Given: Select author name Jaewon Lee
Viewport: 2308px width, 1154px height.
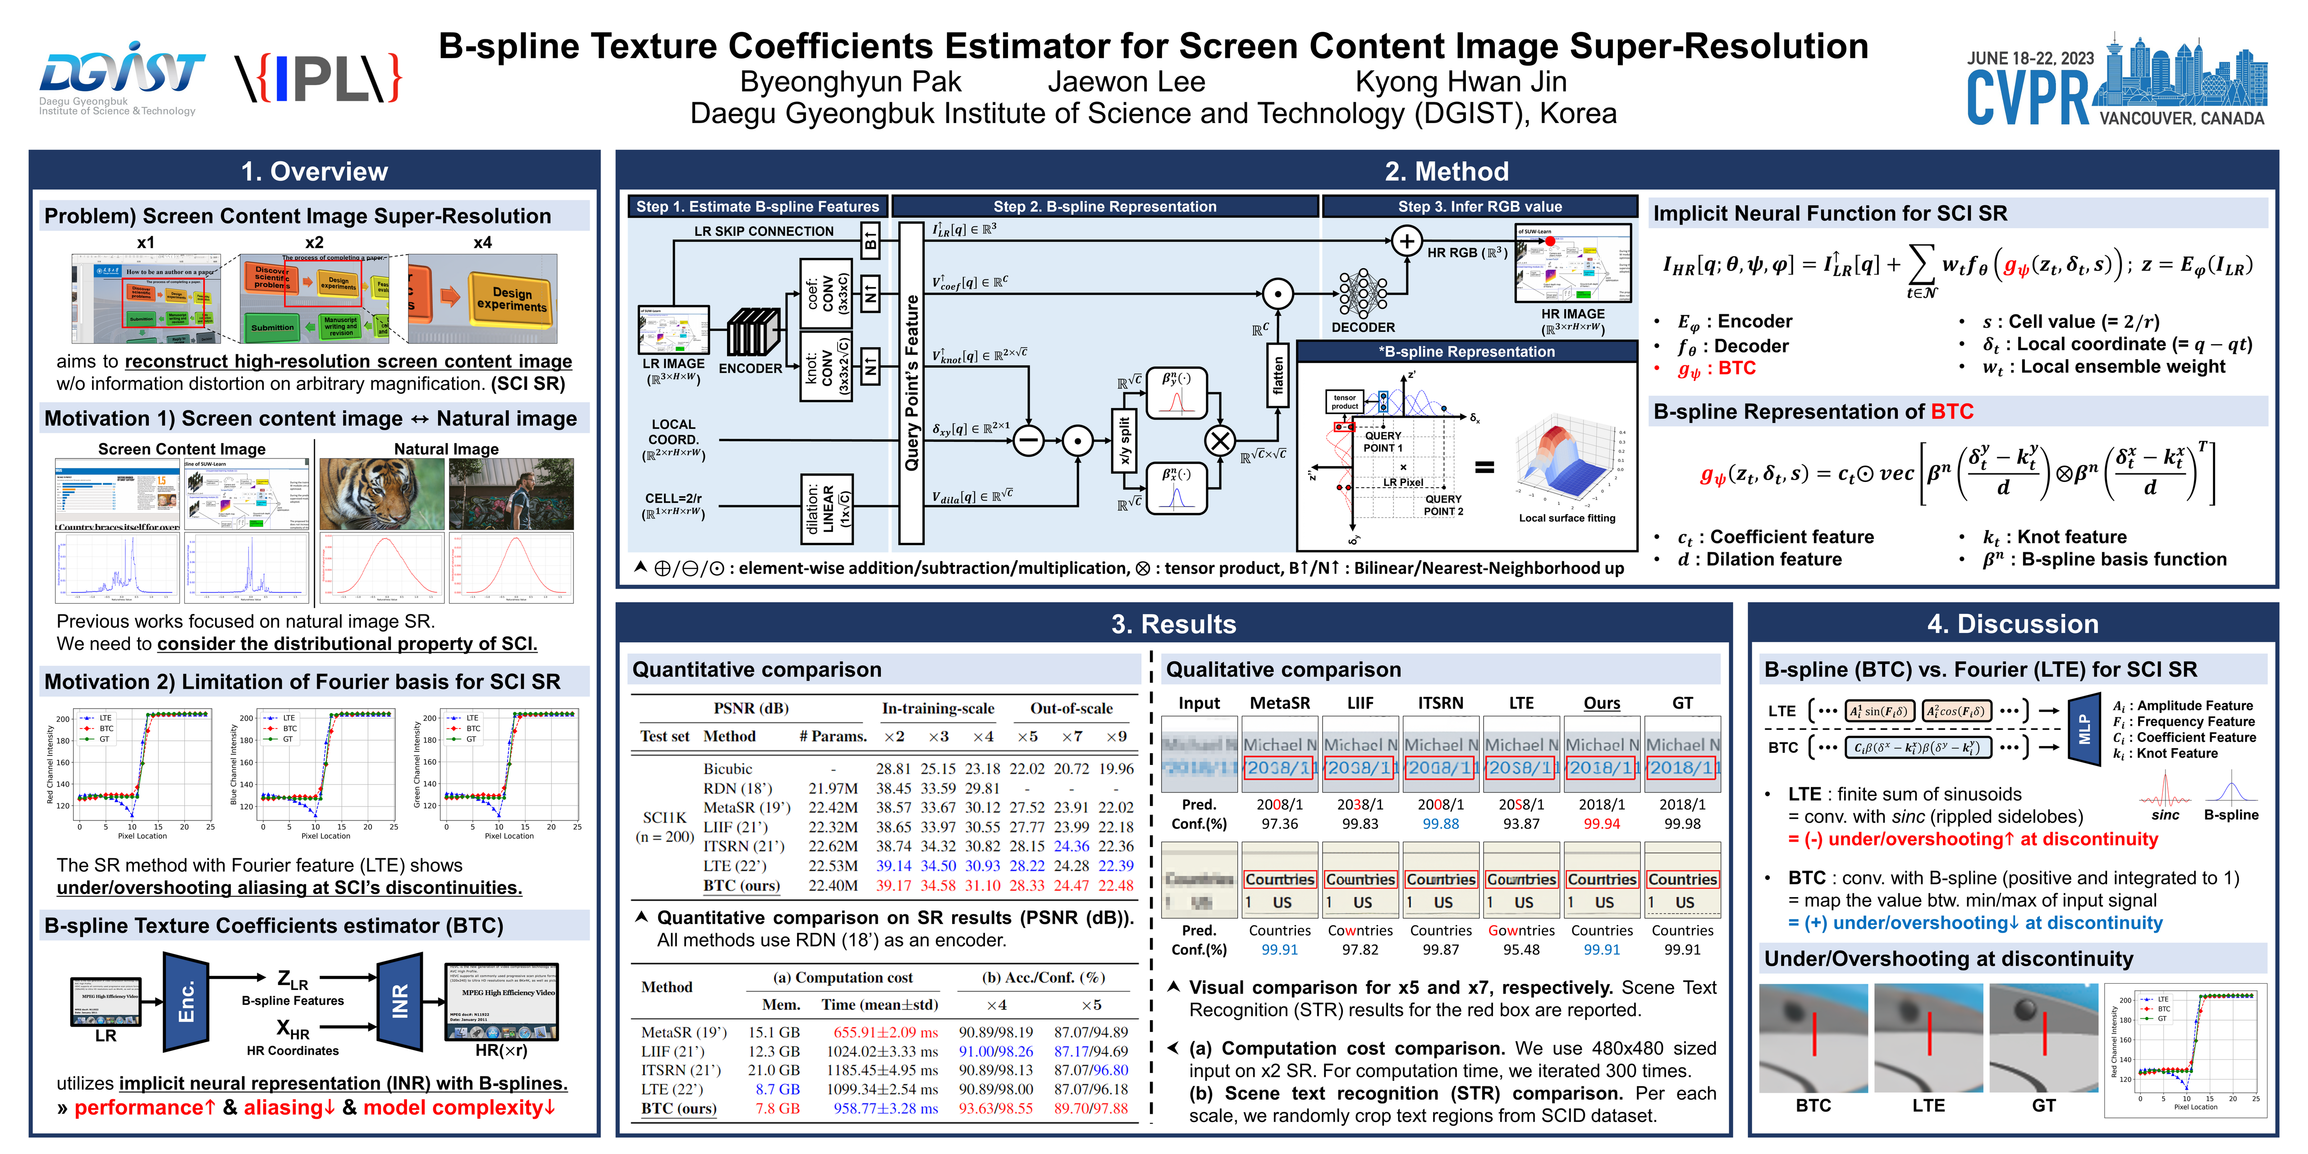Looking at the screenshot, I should click(1126, 82).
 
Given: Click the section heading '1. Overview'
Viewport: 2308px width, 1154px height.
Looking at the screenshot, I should click(315, 171).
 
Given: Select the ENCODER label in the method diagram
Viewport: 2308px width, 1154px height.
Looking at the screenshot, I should click(750, 368).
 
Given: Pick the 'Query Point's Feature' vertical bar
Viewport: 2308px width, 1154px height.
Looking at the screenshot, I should click(911, 384).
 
